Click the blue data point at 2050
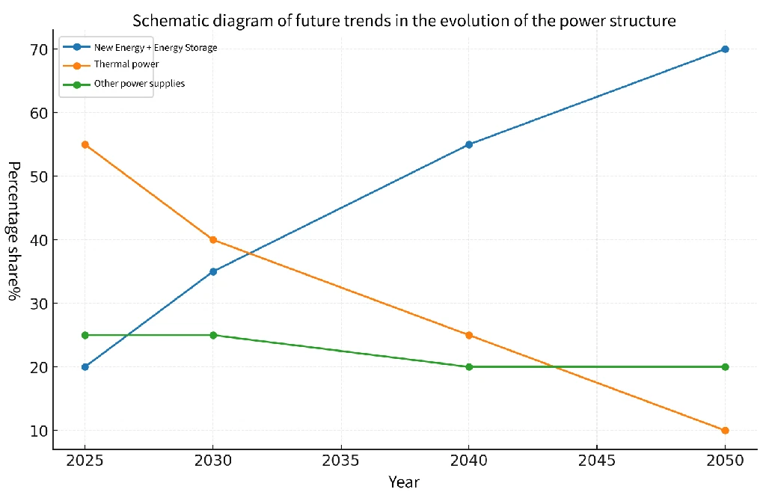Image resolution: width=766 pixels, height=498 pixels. (725, 49)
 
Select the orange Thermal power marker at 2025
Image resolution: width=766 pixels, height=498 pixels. (85, 144)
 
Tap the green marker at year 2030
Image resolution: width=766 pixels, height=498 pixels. (213, 335)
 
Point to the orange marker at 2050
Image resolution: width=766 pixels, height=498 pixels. (725, 431)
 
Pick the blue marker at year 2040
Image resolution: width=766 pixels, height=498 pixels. (469, 144)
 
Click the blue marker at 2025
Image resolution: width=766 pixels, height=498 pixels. (85, 367)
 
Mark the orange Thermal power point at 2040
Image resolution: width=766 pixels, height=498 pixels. (469, 335)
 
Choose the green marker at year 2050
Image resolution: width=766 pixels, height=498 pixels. (725, 367)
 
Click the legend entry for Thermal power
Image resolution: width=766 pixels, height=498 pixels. (126, 65)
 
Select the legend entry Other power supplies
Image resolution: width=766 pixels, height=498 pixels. (138, 84)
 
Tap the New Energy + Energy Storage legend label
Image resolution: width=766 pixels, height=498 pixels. (155, 48)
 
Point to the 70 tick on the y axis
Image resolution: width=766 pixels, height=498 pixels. (39, 50)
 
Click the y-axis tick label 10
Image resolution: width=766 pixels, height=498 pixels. (39, 431)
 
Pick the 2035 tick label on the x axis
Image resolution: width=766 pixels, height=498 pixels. (341, 461)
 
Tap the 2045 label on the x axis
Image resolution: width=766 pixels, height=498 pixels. (597, 461)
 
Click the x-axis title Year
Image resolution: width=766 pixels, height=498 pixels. (404, 482)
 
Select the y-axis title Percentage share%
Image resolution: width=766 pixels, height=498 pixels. (13, 230)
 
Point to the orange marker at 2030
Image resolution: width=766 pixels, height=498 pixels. (213, 240)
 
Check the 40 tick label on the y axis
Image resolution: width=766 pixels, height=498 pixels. (39, 241)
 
